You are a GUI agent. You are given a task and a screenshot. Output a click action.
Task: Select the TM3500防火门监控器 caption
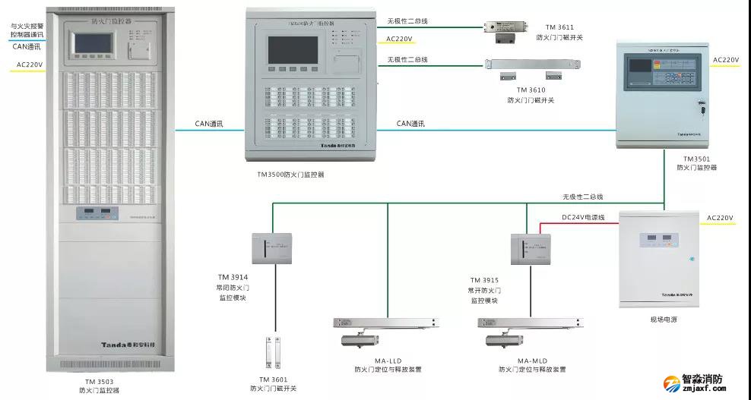pyautogui.click(x=290, y=175)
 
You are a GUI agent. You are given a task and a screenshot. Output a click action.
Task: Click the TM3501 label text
pyautogui.click(x=696, y=159)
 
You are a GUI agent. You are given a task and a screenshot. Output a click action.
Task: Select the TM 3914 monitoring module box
pyautogui.click(x=271, y=248)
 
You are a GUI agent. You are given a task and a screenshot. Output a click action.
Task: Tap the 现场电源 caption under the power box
pyautogui.click(x=663, y=320)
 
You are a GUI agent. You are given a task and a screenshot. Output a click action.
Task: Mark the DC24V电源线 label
pyautogui.click(x=582, y=217)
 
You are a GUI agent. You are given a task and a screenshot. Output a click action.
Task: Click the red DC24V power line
pyautogui.click(x=578, y=224)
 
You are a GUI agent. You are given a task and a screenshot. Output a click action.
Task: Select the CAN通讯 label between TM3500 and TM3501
pyautogui.click(x=410, y=124)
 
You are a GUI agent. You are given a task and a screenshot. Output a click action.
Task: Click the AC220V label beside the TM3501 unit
pyautogui.click(x=726, y=59)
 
